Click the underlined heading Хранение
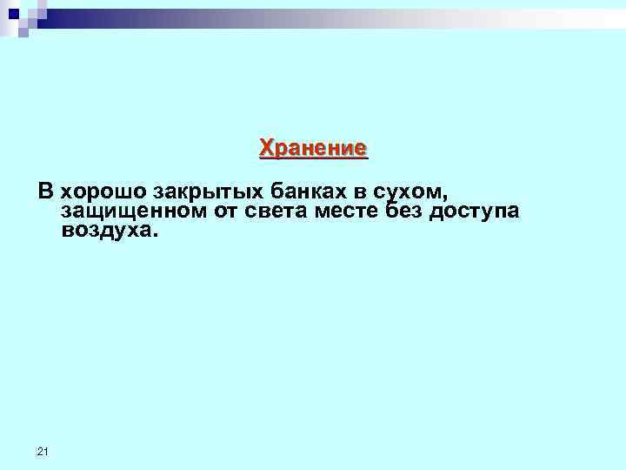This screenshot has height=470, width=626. click(x=313, y=148)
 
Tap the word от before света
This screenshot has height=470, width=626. click(x=217, y=211)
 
